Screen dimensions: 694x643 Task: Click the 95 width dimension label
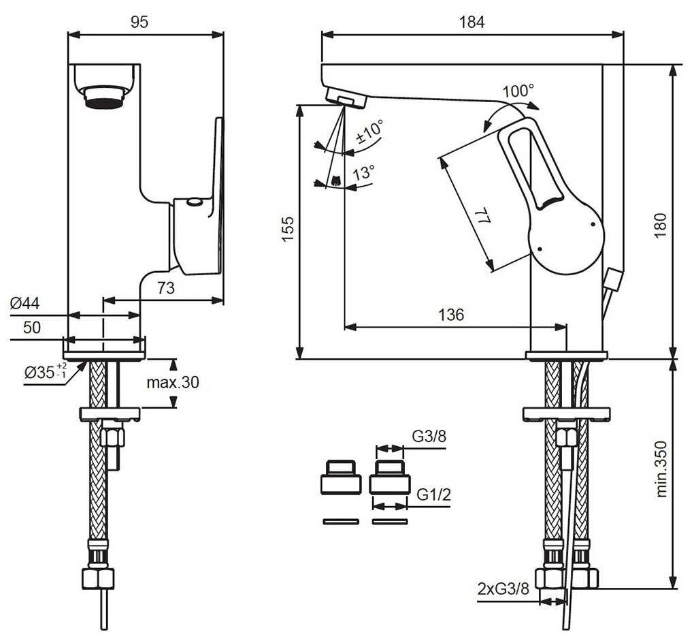139,22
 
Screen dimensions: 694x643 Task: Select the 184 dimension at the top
472,22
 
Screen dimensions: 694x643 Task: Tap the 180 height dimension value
660,225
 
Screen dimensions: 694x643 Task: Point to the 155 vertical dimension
288,229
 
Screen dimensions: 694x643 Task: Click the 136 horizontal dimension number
452,315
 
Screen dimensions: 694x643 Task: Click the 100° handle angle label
518,91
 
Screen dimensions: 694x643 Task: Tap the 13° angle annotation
364,172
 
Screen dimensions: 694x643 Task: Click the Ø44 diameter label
24,303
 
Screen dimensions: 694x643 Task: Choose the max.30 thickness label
173,382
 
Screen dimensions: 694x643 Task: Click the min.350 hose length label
661,469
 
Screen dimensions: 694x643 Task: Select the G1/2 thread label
434,494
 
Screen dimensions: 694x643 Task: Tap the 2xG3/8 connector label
503,589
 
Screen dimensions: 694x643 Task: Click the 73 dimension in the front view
166,288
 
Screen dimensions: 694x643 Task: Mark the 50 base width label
32,328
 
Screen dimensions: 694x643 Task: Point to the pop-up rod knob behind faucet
614,280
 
